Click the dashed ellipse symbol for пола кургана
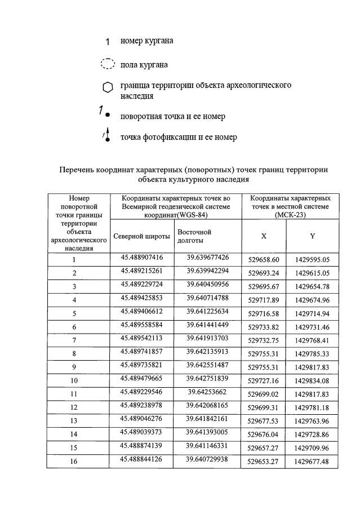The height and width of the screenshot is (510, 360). point(108,64)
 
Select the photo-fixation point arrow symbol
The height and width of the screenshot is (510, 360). point(106,136)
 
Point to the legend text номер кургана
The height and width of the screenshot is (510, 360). point(146,41)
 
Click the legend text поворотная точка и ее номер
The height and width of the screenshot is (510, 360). point(172,116)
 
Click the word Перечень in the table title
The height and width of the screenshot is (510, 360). point(79,169)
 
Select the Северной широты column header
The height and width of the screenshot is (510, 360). point(141,236)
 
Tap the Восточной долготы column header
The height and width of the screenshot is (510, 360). point(194,236)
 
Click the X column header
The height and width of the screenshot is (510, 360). point(264,236)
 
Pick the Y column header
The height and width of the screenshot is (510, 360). point(312,236)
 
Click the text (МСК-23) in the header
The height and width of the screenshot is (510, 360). point(290,215)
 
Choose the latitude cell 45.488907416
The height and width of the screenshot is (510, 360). point(142,258)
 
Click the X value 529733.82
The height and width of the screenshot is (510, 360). point(264,327)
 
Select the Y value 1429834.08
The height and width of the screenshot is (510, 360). point(312,381)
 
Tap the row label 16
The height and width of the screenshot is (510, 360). point(74,462)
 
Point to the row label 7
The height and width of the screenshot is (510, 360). point(74,340)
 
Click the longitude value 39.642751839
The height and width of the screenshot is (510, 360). point(207,378)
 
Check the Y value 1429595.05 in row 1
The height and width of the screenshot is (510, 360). point(312,260)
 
